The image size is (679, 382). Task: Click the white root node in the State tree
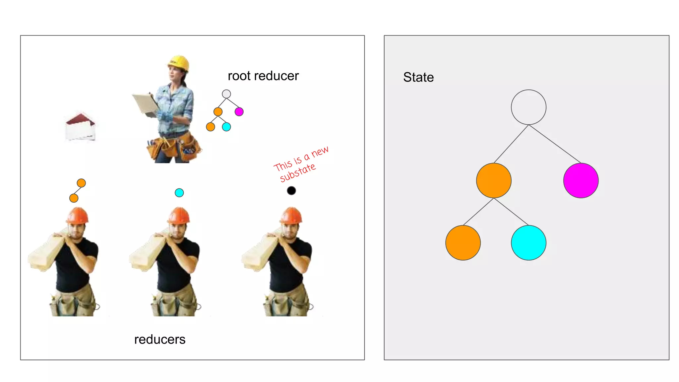click(528, 107)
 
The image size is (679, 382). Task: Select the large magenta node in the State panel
click(581, 180)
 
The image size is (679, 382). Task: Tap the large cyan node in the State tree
click(528, 243)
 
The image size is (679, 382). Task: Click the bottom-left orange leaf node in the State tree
click(463, 243)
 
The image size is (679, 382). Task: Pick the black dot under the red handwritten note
click(291, 191)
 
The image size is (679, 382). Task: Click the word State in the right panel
click(418, 77)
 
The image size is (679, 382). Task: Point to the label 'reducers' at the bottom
click(160, 340)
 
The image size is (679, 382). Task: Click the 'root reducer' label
click(263, 76)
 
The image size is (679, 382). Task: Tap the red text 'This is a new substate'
click(300, 164)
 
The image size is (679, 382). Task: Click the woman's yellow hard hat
click(179, 63)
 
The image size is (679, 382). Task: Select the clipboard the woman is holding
click(145, 103)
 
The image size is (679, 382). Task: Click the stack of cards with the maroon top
click(80, 127)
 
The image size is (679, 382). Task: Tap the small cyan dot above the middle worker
click(179, 193)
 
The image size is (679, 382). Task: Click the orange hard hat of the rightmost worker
click(291, 215)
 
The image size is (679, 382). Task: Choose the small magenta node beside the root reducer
click(239, 112)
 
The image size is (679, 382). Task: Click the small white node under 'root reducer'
click(226, 94)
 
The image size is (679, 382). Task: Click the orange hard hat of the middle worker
click(179, 215)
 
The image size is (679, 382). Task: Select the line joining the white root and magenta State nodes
click(554, 144)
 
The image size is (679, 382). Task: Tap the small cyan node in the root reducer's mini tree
click(226, 127)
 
